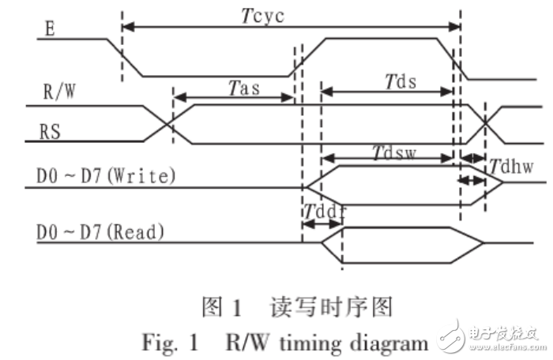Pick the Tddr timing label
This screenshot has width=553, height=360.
pos(324,212)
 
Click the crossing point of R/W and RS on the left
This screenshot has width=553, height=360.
pos(167,123)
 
